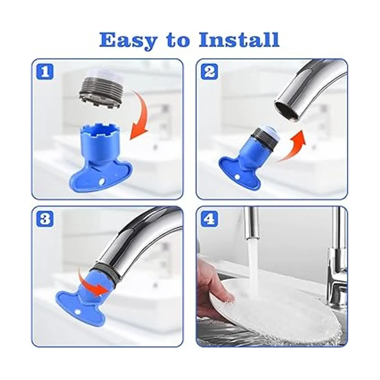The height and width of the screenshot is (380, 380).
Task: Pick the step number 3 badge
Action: [x=45, y=219]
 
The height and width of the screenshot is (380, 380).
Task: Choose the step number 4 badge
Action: [x=209, y=219]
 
